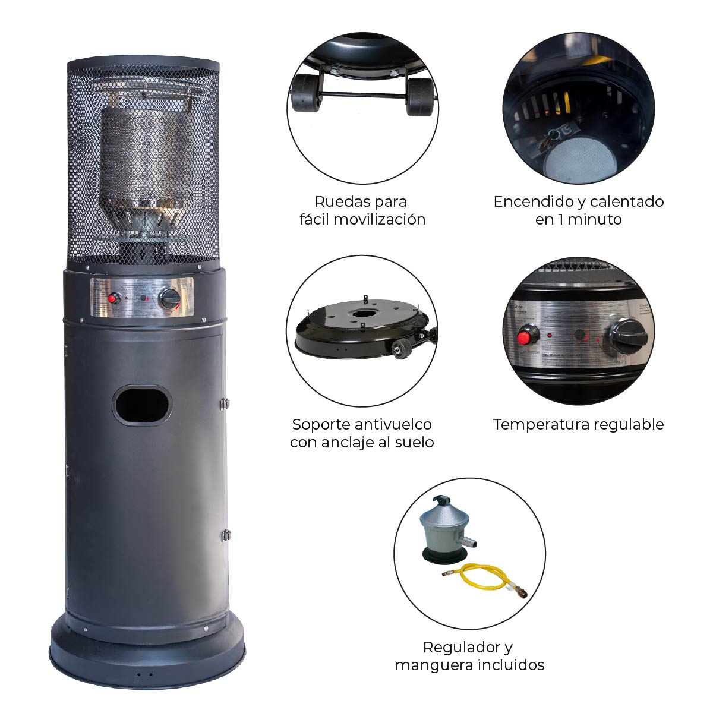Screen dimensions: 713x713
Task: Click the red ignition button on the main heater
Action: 111,298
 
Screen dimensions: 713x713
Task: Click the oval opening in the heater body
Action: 142,405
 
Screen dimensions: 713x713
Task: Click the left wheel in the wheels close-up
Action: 304,93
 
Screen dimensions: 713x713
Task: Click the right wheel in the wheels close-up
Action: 420,96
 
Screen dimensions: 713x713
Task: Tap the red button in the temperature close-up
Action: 524,338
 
